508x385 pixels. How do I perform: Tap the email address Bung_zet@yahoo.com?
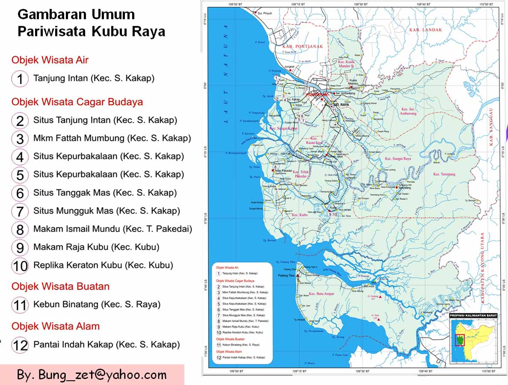pos(92,375)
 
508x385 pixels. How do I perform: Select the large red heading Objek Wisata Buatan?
pos(60,286)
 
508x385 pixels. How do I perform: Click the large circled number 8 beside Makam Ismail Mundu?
pos(20,229)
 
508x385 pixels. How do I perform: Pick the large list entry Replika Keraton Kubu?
pos(103,265)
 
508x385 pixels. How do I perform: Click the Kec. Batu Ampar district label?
pos(322,294)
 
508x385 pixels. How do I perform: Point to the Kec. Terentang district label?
pos(444,174)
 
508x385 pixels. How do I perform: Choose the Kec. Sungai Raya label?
pos(398,159)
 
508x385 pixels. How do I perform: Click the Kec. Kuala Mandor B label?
pos(346,64)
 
